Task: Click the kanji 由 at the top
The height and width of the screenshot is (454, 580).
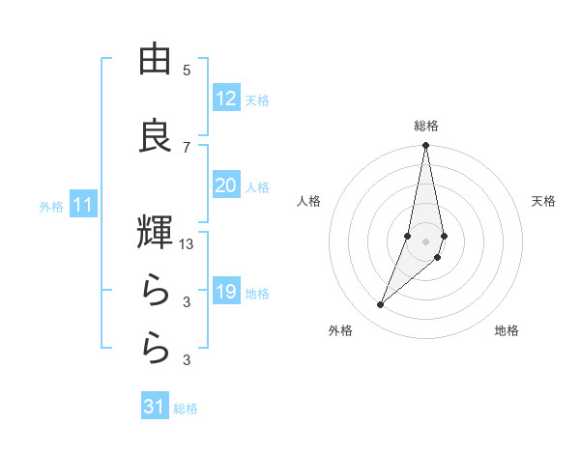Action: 155,60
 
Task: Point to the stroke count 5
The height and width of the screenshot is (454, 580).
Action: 187,70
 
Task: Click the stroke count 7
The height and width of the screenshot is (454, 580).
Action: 187,147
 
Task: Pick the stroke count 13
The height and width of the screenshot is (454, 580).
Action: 187,244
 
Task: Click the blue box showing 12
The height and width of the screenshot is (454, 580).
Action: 225,99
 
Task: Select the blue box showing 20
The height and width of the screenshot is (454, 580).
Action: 225,185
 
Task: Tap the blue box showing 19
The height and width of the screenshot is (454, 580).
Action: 225,292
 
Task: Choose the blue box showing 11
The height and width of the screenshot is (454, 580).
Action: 83,205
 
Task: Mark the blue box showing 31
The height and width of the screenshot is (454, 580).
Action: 155,407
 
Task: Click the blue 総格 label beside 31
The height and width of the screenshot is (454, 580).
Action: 186,409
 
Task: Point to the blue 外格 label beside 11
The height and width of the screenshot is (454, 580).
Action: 51,206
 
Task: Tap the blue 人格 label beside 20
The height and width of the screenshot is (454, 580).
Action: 257,186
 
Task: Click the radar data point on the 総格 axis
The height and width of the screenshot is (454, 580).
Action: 425,146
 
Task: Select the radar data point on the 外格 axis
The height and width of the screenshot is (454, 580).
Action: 381,305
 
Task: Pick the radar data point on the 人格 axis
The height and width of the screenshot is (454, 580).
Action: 408,236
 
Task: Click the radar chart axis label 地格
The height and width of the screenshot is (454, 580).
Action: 507,330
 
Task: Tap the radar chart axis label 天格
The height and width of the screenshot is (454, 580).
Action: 543,201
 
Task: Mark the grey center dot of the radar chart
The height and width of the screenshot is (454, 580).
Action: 425,241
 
